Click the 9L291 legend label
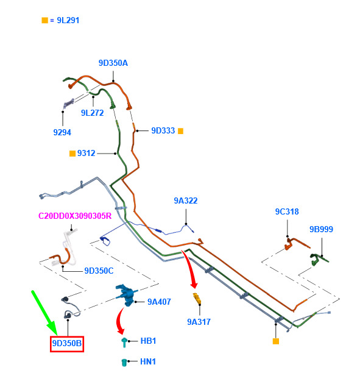click(x=68, y=20)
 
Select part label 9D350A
click(x=113, y=63)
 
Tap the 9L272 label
click(x=92, y=113)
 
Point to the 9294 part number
click(x=62, y=132)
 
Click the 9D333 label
click(x=163, y=130)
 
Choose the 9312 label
click(x=86, y=153)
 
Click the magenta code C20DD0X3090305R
click(x=75, y=216)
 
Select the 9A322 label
click(x=186, y=201)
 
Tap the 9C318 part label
click(x=287, y=211)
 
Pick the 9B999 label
click(x=321, y=229)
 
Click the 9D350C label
click(x=99, y=271)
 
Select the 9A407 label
click(x=159, y=302)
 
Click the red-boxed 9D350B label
click(x=67, y=343)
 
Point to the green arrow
click(x=44, y=313)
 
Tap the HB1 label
click(x=148, y=341)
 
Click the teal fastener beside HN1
click(x=124, y=363)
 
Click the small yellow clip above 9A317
click(x=197, y=299)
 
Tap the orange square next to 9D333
click(x=181, y=131)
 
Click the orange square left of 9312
click(x=72, y=154)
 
